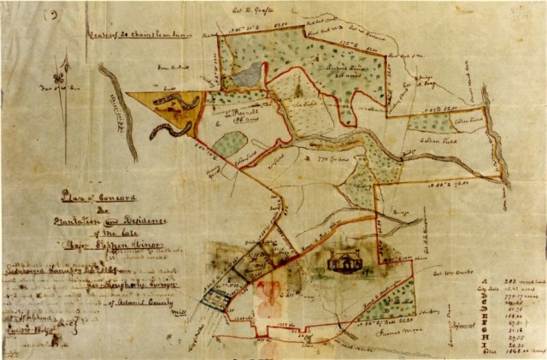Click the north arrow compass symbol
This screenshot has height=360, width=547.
pyautogui.click(x=58, y=80)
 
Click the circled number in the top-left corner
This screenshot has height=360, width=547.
pyautogui.click(x=55, y=15)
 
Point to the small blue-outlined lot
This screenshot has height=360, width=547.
pyautogui.click(x=215, y=297)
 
